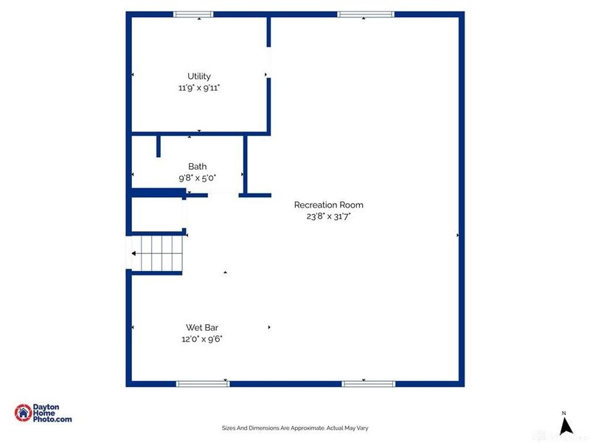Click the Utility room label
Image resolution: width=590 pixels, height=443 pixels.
[x=199, y=76]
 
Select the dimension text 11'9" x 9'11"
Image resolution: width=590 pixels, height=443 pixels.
[x=199, y=87]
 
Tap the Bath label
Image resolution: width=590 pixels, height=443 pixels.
[x=197, y=167]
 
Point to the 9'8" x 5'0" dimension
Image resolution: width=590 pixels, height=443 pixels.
[x=197, y=178]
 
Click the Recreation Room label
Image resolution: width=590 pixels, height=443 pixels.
[x=328, y=205]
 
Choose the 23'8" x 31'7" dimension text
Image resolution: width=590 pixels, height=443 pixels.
[x=328, y=216]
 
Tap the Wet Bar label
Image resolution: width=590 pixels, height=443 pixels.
[x=201, y=328]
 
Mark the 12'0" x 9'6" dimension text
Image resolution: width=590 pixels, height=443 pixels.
[x=201, y=339]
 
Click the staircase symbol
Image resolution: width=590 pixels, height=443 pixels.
[x=156, y=253]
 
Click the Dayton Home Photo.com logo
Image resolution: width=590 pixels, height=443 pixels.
[x=44, y=413]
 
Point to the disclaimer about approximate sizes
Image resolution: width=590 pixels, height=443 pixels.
[x=295, y=427]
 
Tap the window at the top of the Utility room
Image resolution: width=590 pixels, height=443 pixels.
[x=193, y=14]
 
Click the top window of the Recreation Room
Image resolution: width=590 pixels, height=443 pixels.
[x=365, y=14]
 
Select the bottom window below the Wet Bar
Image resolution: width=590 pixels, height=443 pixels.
[x=202, y=383]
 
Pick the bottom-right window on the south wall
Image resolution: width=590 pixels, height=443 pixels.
[x=368, y=383]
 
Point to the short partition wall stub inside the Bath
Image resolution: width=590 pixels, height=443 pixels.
[x=159, y=145]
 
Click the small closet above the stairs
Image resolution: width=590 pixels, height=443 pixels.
[x=157, y=214]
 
